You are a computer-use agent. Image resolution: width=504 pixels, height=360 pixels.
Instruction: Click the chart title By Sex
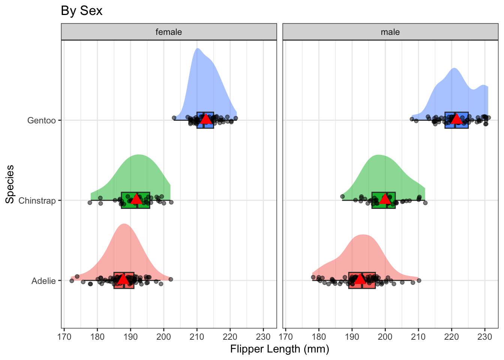(x=81, y=11)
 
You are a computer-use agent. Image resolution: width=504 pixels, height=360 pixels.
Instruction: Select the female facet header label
(x=169, y=32)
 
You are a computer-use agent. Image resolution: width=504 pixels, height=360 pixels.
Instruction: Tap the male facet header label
(x=390, y=32)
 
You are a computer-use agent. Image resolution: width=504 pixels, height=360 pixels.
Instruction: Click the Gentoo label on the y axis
(x=42, y=121)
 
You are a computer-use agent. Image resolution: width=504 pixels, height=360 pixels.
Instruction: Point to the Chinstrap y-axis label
(x=37, y=201)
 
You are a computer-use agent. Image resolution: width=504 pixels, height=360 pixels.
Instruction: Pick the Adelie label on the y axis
(x=43, y=281)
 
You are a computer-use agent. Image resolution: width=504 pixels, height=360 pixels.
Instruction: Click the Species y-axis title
(x=10, y=184)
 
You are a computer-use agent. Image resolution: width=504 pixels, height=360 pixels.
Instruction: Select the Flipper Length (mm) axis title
(x=279, y=349)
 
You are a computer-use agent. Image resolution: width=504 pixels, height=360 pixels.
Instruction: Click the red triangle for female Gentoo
(x=205, y=119)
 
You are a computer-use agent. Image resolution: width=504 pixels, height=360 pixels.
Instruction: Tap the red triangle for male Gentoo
(x=456, y=119)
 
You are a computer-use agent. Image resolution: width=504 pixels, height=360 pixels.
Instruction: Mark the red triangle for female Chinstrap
(x=136, y=199)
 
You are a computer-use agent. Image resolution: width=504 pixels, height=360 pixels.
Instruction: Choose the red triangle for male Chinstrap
(x=385, y=199)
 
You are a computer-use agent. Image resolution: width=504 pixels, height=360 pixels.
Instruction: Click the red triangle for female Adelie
(x=123, y=279)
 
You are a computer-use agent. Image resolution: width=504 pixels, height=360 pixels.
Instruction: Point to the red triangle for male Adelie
(x=360, y=279)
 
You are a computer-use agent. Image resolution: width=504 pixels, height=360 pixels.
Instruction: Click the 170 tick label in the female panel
(x=64, y=336)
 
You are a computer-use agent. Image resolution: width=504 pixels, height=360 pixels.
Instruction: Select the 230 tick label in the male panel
(x=484, y=336)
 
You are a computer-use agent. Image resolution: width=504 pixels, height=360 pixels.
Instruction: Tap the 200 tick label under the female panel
(x=164, y=336)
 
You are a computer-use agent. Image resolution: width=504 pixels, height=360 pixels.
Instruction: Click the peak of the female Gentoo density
(x=197, y=49)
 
